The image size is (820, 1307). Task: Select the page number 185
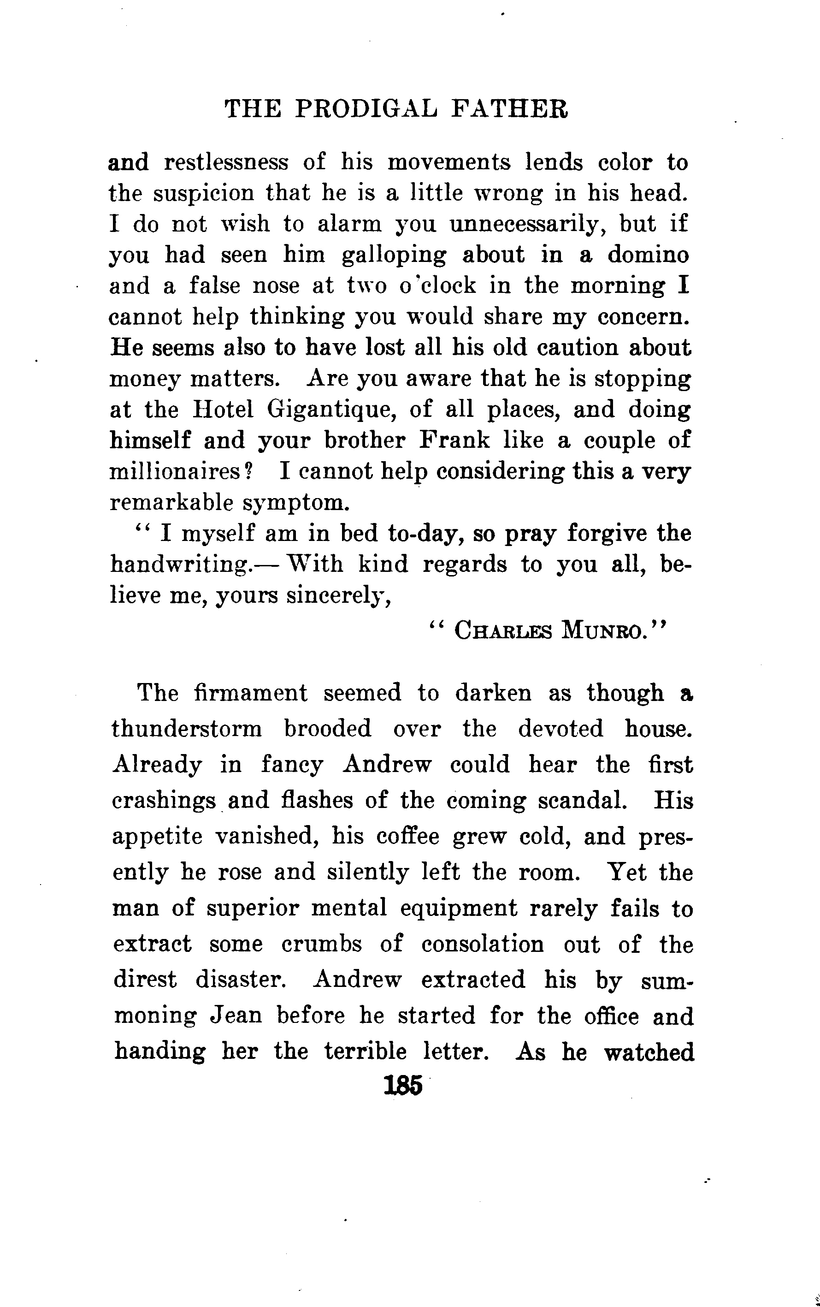coord(402,1086)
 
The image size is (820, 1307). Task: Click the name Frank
coord(454,440)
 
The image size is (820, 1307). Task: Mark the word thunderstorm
coord(187,729)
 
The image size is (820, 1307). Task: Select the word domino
coord(648,255)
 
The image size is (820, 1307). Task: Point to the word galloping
coord(394,255)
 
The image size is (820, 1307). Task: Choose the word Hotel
coord(223,410)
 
